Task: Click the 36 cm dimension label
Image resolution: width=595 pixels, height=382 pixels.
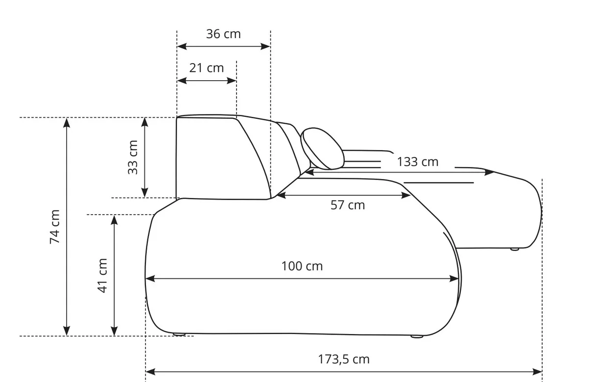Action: pyautogui.click(x=223, y=34)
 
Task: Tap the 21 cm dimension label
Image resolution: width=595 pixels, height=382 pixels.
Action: pyautogui.click(x=206, y=68)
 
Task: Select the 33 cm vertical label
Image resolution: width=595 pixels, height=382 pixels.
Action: pyautogui.click(x=133, y=157)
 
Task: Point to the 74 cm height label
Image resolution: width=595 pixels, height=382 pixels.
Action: pyautogui.click(x=55, y=227)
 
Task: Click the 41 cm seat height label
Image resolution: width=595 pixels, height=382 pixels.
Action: pyautogui.click(x=102, y=276)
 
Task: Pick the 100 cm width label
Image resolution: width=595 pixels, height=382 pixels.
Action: pyautogui.click(x=302, y=266)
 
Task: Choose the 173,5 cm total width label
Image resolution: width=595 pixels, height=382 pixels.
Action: pyautogui.click(x=344, y=360)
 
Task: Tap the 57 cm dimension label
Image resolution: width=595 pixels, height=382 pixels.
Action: pyautogui.click(x=348, y=205)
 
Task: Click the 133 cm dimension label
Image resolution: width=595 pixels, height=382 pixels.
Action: pyautogui.click(x=418, y=162)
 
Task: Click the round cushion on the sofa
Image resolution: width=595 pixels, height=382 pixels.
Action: pyautogui.click(x=322, y=149)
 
